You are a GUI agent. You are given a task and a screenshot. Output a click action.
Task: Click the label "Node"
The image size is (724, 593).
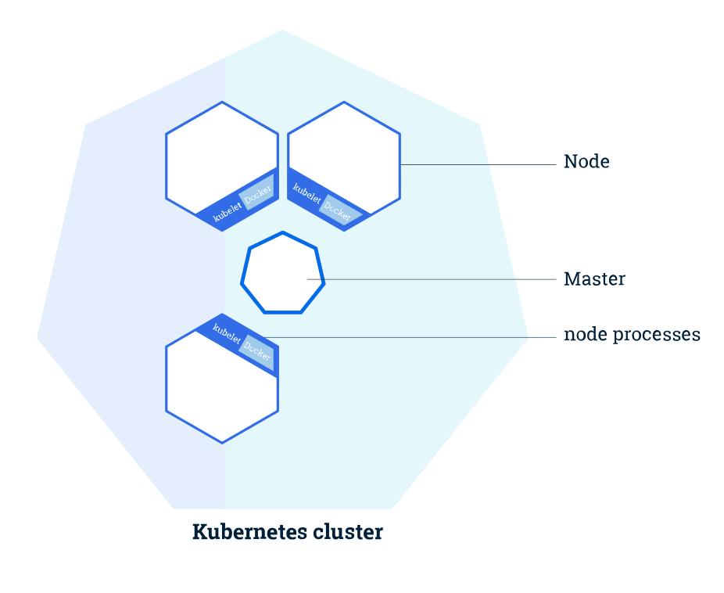pyautogui.click(x=586, y=162)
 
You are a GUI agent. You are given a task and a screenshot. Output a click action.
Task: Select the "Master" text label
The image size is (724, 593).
pyautogui.click(x=594, y=279)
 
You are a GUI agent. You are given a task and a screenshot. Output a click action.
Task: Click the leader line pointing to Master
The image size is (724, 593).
pyautogui.click(x=438, y=279)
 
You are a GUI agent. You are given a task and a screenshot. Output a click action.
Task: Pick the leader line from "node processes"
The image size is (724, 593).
pyautogui.click(x=407, y=338)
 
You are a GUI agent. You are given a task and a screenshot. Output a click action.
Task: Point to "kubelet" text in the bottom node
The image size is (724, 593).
pyautogui.click(x=226, y=334)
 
